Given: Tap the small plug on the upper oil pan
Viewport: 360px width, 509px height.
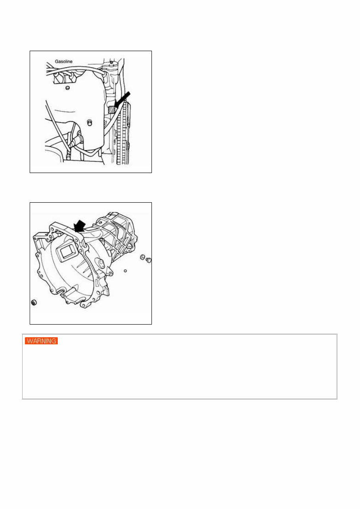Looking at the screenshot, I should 68,87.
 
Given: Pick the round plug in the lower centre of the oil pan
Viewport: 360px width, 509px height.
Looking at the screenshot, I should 90,122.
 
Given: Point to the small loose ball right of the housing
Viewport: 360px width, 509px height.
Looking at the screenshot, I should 125,271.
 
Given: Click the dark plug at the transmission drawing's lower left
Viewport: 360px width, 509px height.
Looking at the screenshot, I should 34,303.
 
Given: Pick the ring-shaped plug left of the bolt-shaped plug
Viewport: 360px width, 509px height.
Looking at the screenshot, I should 142,258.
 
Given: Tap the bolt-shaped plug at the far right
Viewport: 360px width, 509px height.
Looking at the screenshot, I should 149,260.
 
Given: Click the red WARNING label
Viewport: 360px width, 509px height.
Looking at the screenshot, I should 42,341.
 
